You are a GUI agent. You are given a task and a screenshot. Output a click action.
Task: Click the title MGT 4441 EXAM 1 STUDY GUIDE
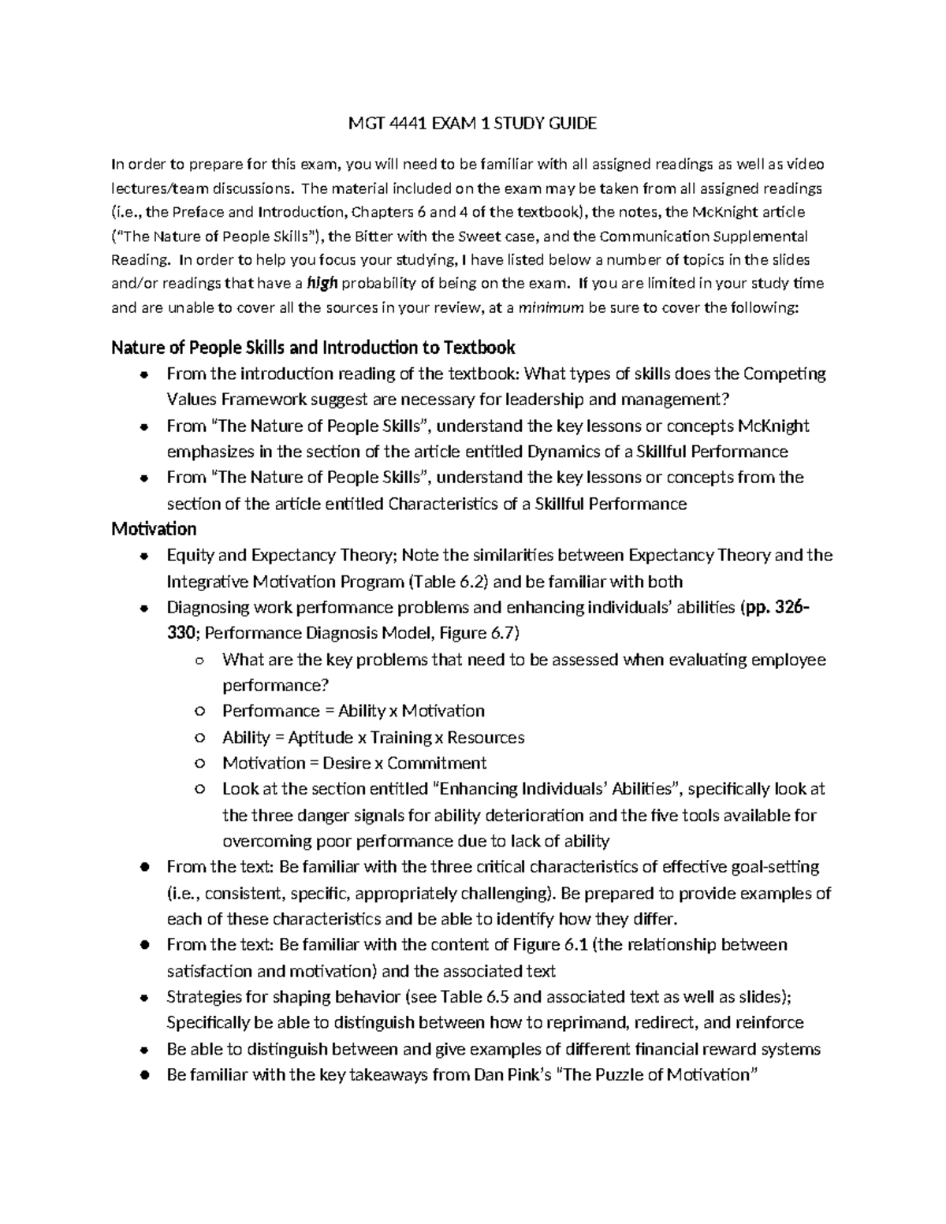coord(472,123)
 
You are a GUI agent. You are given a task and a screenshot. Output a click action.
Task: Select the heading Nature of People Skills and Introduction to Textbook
coord(313,348)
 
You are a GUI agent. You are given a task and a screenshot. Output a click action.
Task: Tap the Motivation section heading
coord(154,528)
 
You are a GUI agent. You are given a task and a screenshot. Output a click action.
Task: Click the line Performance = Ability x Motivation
coord(353,711)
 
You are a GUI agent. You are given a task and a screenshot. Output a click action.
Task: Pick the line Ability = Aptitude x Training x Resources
coord(373,737)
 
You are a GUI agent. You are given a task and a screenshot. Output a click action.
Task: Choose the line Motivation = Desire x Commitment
coord(354,763)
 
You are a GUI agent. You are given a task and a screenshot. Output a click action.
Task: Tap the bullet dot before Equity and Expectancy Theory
coord(143,556)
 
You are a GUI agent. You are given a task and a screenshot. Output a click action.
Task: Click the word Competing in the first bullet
coord(784,374)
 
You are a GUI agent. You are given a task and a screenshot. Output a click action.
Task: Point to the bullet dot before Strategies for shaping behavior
coord(143,998)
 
